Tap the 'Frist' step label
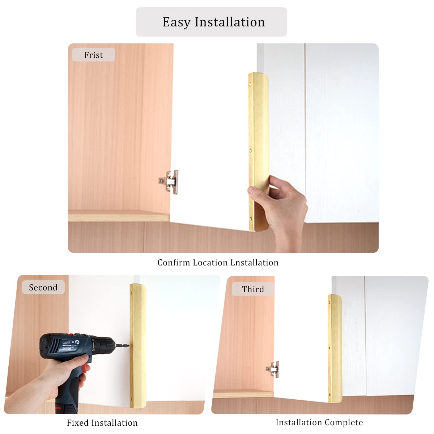(93, 55)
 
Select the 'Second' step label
(43, 288)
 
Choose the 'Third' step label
(253, 289)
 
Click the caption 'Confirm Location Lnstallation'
(218, 263)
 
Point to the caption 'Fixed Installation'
(102, 423)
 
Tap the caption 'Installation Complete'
(319, 422)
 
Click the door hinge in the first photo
(169, 181)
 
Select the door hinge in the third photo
(274, 369)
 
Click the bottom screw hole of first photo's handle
(250, 218)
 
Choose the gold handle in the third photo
(335, 348)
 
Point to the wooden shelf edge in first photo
(119, 217)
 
